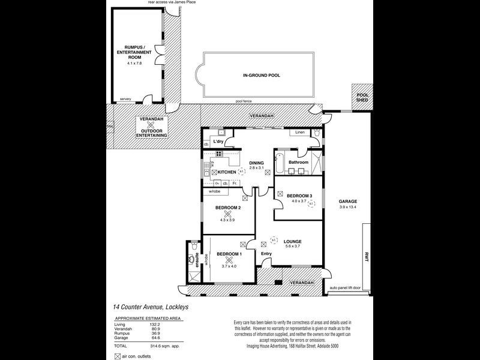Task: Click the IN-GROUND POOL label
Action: point(261,76)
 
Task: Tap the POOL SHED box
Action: point(362,98)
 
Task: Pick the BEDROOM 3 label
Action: point(299,196)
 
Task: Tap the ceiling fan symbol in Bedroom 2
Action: point(227,213)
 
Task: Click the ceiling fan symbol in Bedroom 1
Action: point(228,260)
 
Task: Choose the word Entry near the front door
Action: point(266,254)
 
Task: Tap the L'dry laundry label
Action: point(218,142)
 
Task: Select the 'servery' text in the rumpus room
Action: point(125,99)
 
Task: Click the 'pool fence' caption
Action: point(244,101)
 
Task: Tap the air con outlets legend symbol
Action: point(118,356)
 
